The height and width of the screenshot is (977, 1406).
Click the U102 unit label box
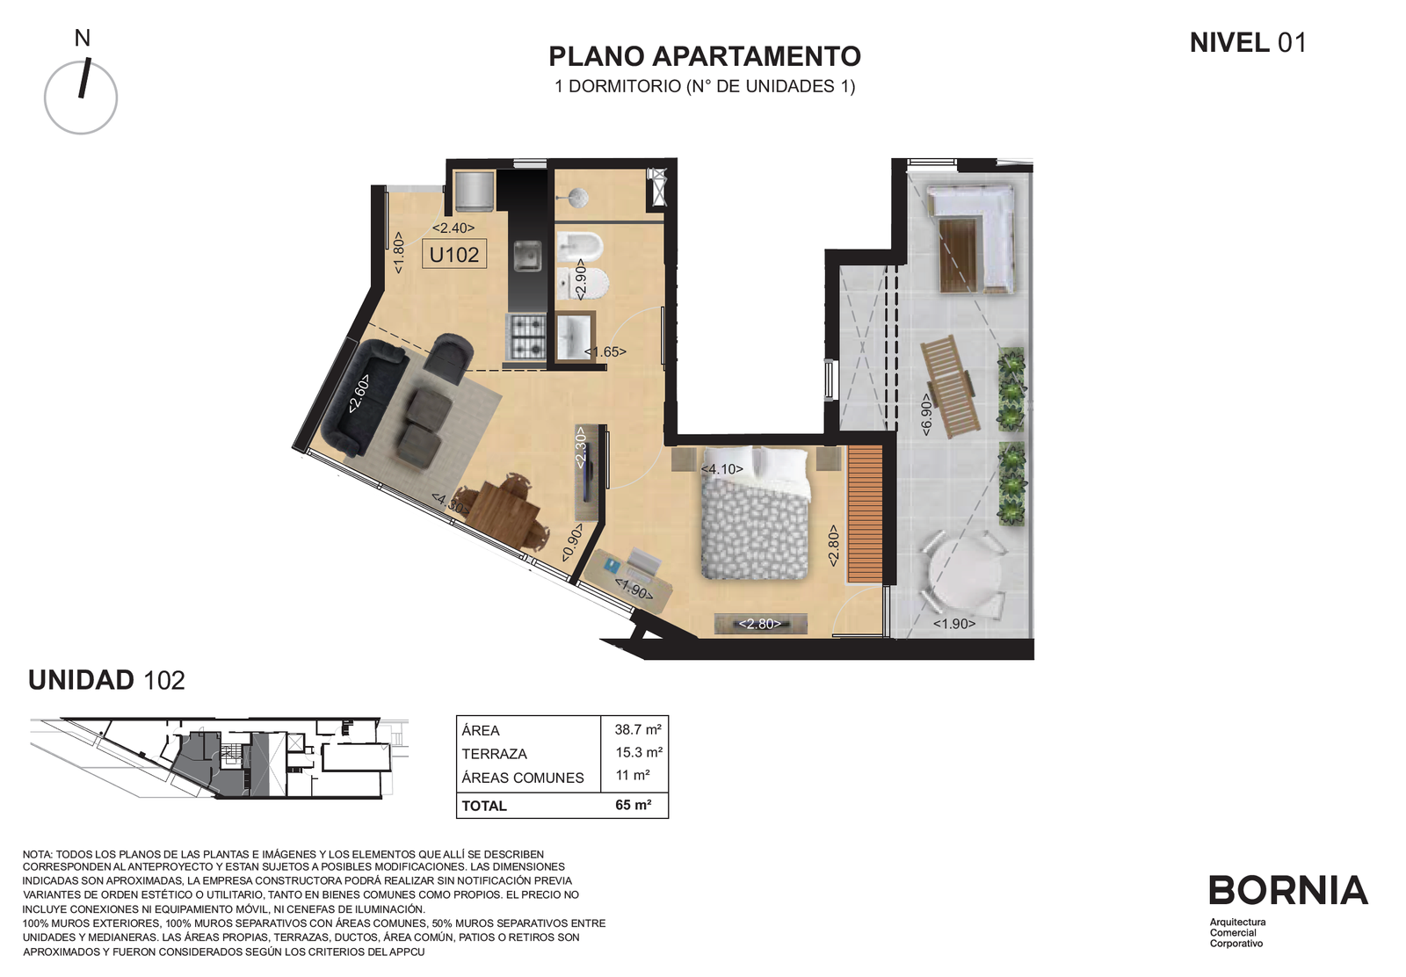point(453,255)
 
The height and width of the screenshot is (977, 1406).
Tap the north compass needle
point(84,78)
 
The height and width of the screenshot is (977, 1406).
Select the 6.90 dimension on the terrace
point(926,414)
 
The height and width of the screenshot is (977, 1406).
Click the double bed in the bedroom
point(754,512)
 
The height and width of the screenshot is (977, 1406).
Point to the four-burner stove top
point(526,337)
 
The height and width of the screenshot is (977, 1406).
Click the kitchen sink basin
point(527,256)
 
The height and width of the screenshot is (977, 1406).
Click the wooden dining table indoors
point(504,512)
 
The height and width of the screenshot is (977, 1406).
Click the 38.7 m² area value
point(638,729)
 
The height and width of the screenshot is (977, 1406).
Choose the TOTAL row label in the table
point(484,806)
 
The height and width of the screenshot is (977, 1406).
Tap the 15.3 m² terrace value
point(639,752)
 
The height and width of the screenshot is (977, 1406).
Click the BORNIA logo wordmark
point(1288,890)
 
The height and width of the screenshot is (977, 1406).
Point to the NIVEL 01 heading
point(1248,43)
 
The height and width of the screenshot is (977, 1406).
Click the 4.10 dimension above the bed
point(721,469)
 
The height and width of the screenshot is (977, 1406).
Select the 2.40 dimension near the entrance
point(453,228)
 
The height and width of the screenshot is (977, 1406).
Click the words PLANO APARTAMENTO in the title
point(704,56)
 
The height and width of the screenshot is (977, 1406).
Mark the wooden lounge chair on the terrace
point(950,386)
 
